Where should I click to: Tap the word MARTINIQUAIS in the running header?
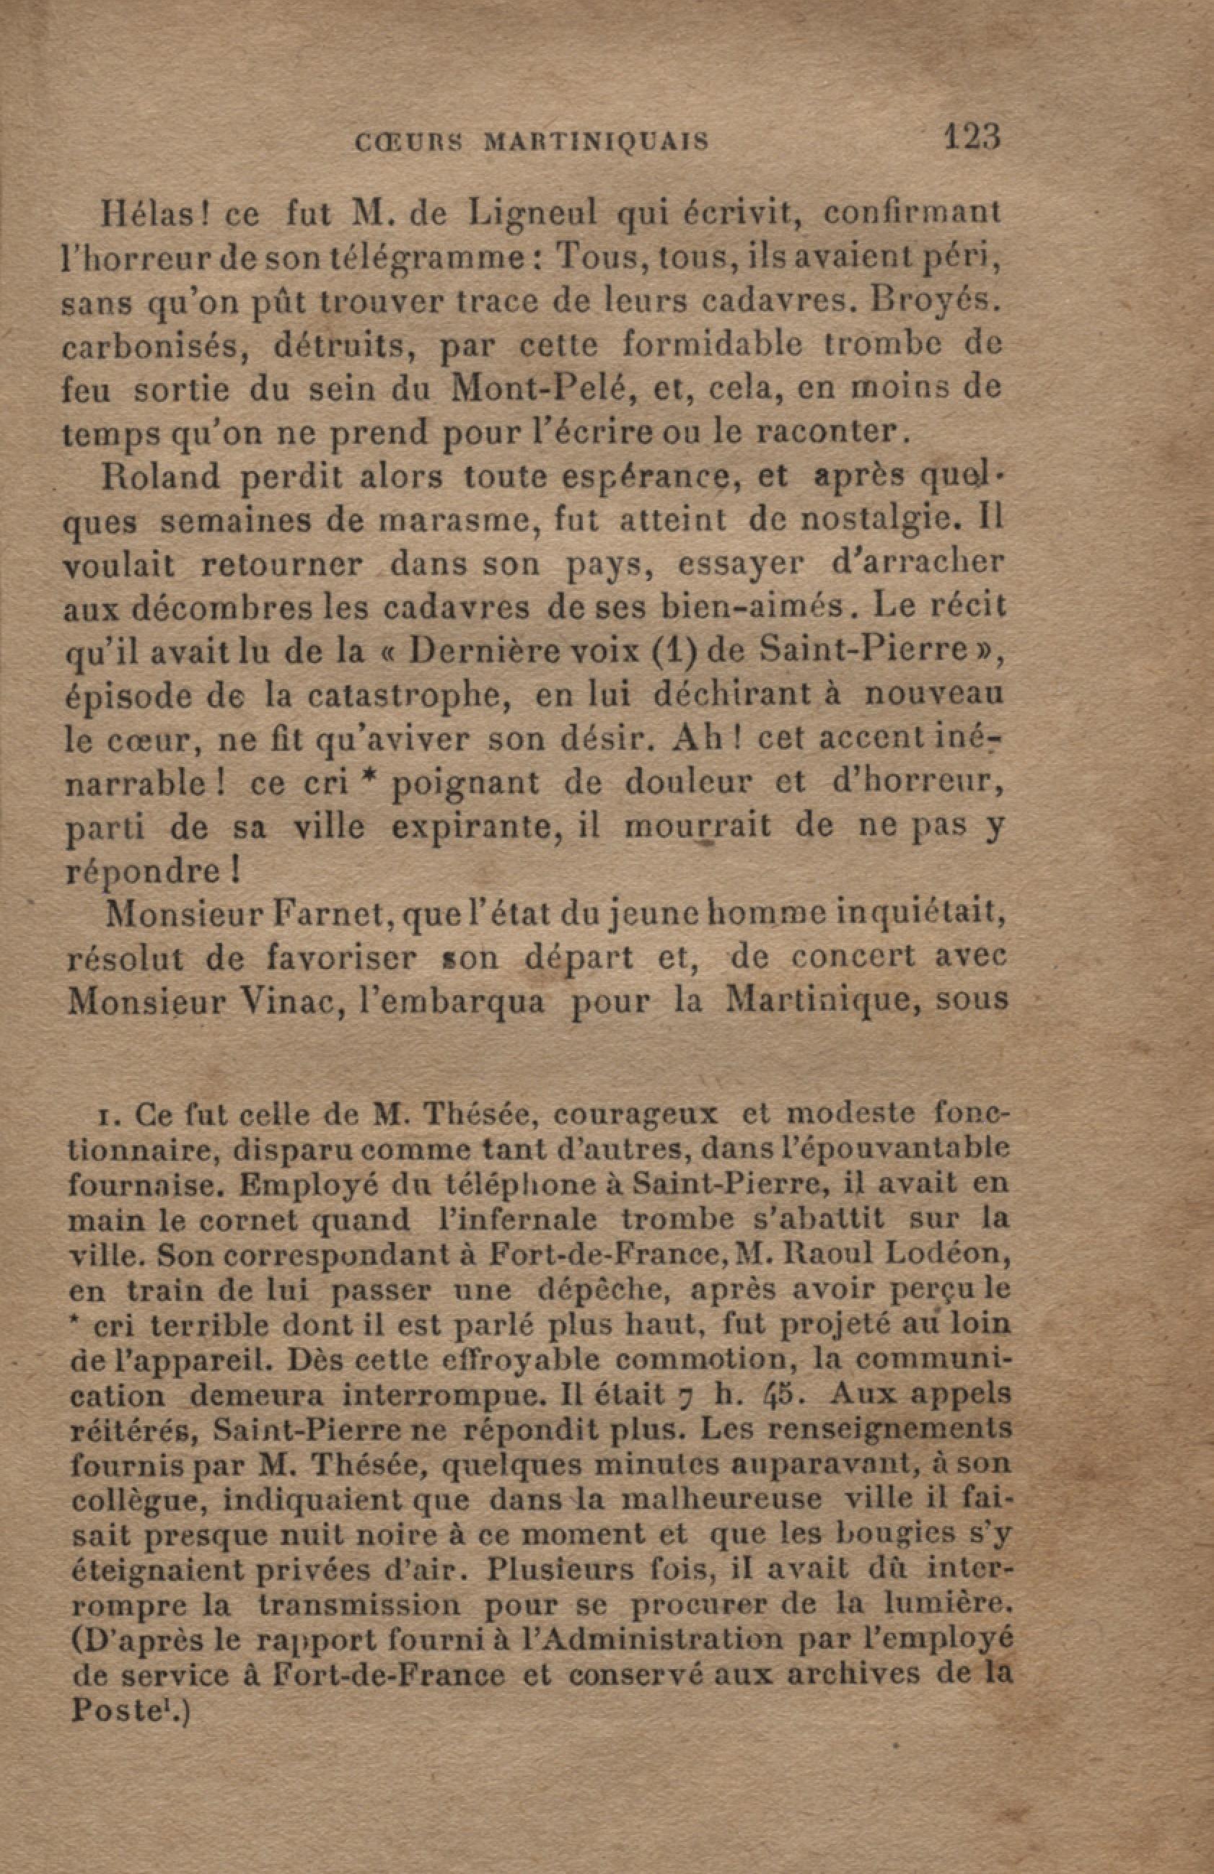[x=595, y=141]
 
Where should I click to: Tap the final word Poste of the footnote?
[x=107, y=1712]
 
